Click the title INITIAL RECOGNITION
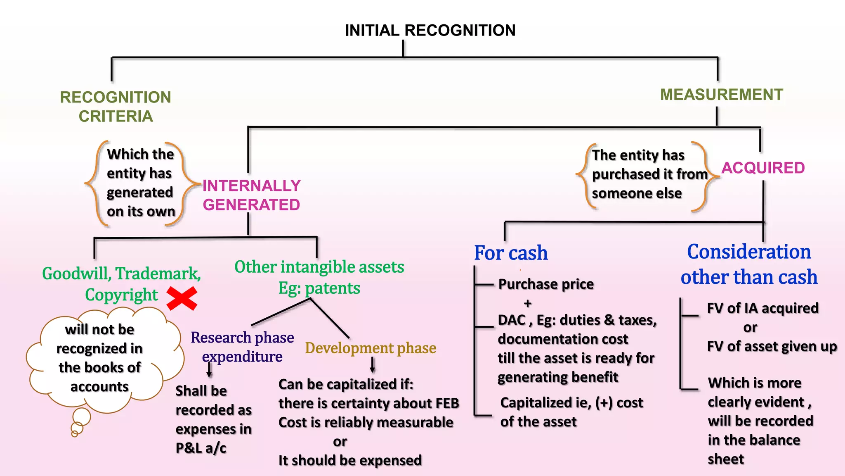coord(430,31)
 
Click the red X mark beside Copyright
coord(182,299)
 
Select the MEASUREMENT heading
coord(721,95)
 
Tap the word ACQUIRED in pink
coord(763,168)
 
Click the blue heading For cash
coord(511,253)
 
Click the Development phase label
coord(371,348)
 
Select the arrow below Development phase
coord(373,365)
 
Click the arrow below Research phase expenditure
coord(209,370)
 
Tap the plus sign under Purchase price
coord(527,304)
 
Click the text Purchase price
coord(546,284)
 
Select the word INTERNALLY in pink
coord(251,186)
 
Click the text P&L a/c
coord(201,448)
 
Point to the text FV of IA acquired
coord(762,308)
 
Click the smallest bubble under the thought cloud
coord(75,433)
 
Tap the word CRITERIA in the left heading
coord(116,117)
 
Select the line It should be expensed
coord(350,460)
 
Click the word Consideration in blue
coord(749,252)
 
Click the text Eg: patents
coord(319,288)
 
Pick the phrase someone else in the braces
coord(637,193)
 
